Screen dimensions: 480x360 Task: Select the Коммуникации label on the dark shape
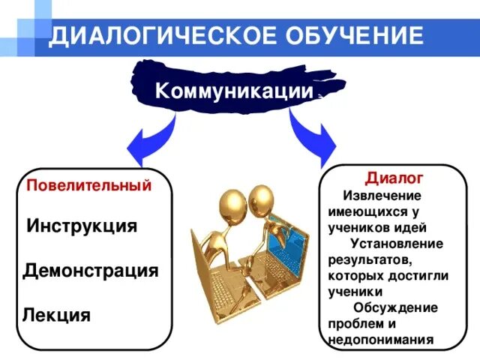[233, 91]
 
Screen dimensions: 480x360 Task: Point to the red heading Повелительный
[89, 185]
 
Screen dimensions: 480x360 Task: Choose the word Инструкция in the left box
[82, 226]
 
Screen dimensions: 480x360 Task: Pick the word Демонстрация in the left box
[91, 270]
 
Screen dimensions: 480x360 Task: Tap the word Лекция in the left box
[58, 315]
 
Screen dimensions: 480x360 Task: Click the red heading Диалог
[394, 178]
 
